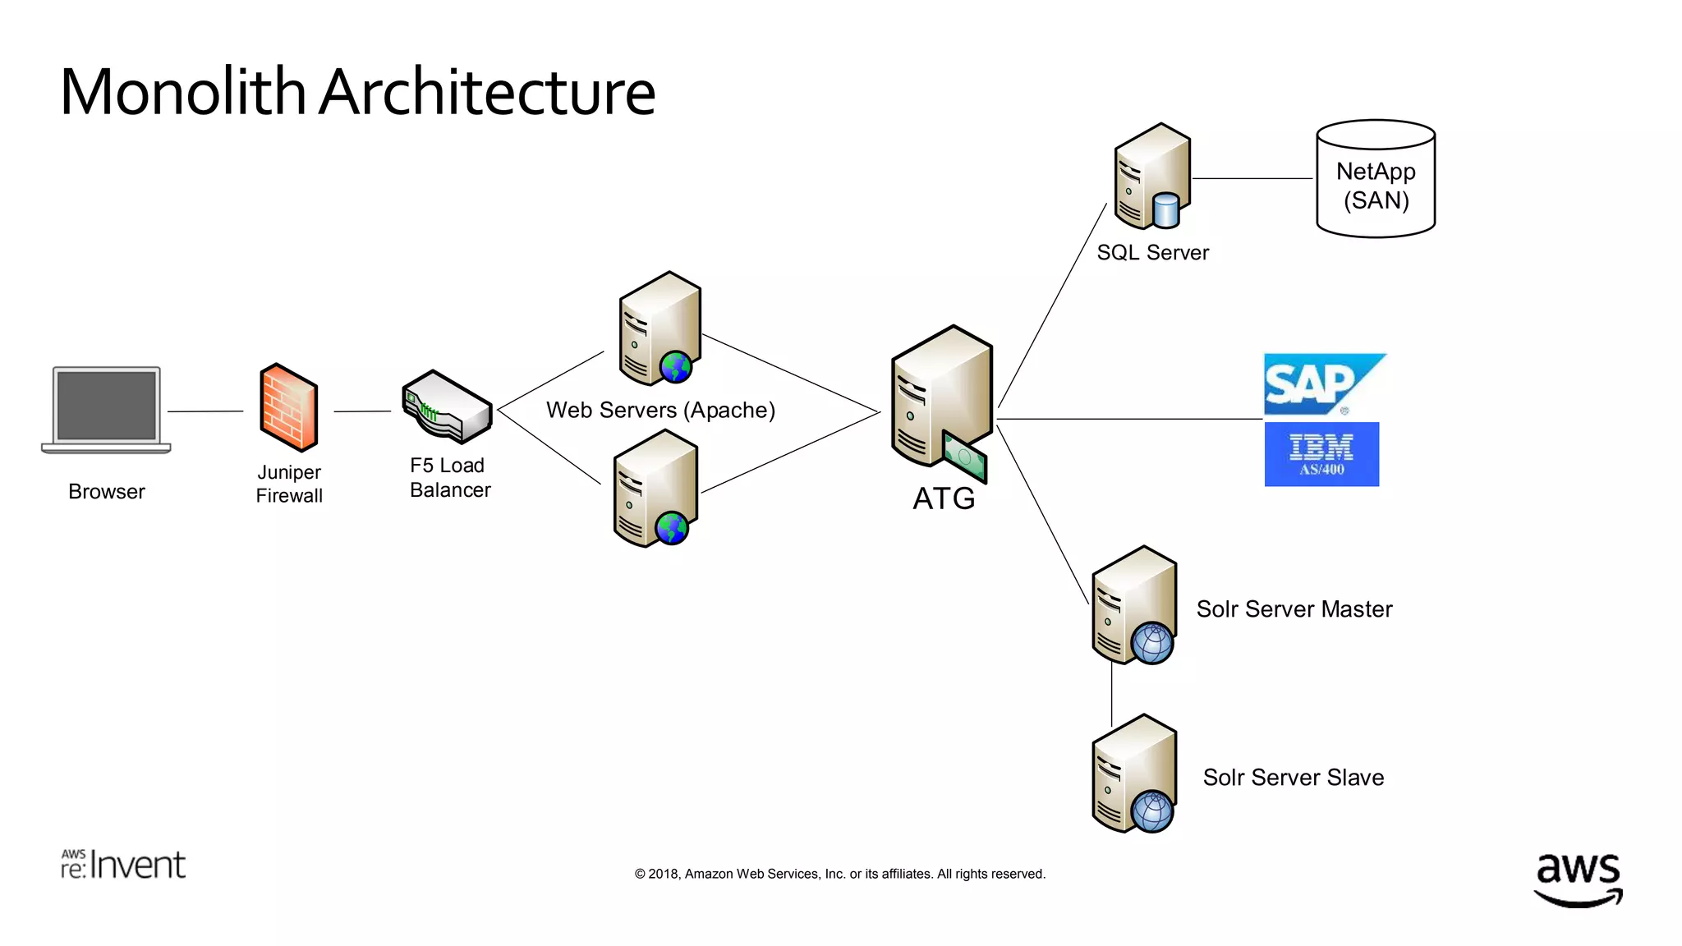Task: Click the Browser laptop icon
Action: point(106,408)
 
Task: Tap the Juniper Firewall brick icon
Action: point(288,407)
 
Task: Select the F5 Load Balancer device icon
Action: point(447,406)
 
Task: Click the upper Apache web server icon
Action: point(659,329)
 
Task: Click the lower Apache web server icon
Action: point(655,489)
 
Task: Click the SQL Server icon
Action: point(1151,177)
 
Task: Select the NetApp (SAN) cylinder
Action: point(1376,180)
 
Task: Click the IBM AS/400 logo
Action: point(1321,454)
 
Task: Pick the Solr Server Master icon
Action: point(1134,605)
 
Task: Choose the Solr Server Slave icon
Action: point(1134,774)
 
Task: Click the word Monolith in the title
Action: point(183,92)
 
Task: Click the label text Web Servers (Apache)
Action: point(660,410)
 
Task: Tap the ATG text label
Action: point(944,498)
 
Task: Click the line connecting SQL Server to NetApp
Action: point(1252,178)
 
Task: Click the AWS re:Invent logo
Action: point(123,865)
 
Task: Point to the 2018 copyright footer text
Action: point(839,874)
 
